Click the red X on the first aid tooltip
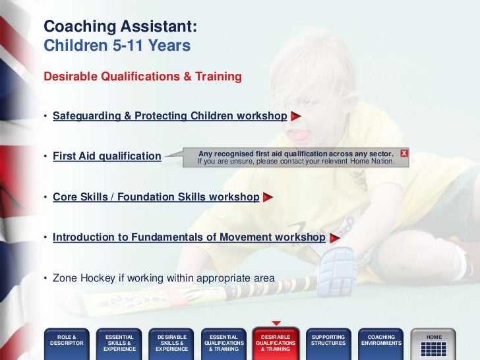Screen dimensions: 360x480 click(404, 153)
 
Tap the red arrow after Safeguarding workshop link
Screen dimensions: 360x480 click(295, 117)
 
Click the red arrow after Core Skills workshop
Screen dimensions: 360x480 click(268, 197)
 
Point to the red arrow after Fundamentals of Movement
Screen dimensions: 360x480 click(334, 237)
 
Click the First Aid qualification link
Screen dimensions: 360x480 click(107, 157)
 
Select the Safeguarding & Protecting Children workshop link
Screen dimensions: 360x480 click(169, 117)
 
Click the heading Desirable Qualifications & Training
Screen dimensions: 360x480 click(142, 77)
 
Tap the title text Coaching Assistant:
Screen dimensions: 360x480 click(119, 27)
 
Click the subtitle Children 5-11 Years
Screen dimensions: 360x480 click(117, 46)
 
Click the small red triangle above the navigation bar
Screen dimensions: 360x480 click(276, 323)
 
